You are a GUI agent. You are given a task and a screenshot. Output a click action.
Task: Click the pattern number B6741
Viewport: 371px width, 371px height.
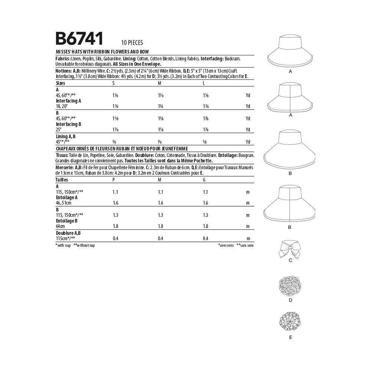79,39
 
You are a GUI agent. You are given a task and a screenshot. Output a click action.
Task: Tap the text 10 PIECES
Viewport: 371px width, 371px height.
132,43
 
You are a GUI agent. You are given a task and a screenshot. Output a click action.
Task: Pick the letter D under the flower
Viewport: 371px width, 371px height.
290,299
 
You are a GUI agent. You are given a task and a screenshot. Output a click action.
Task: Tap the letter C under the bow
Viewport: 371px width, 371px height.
290,260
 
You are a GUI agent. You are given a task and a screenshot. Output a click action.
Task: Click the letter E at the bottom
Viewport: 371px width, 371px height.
290,337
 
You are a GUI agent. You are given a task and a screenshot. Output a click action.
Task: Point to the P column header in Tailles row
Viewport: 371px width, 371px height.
113,180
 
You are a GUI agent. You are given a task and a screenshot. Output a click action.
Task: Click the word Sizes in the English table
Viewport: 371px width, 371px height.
60,83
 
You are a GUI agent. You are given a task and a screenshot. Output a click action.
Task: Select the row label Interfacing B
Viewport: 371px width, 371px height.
68,124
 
